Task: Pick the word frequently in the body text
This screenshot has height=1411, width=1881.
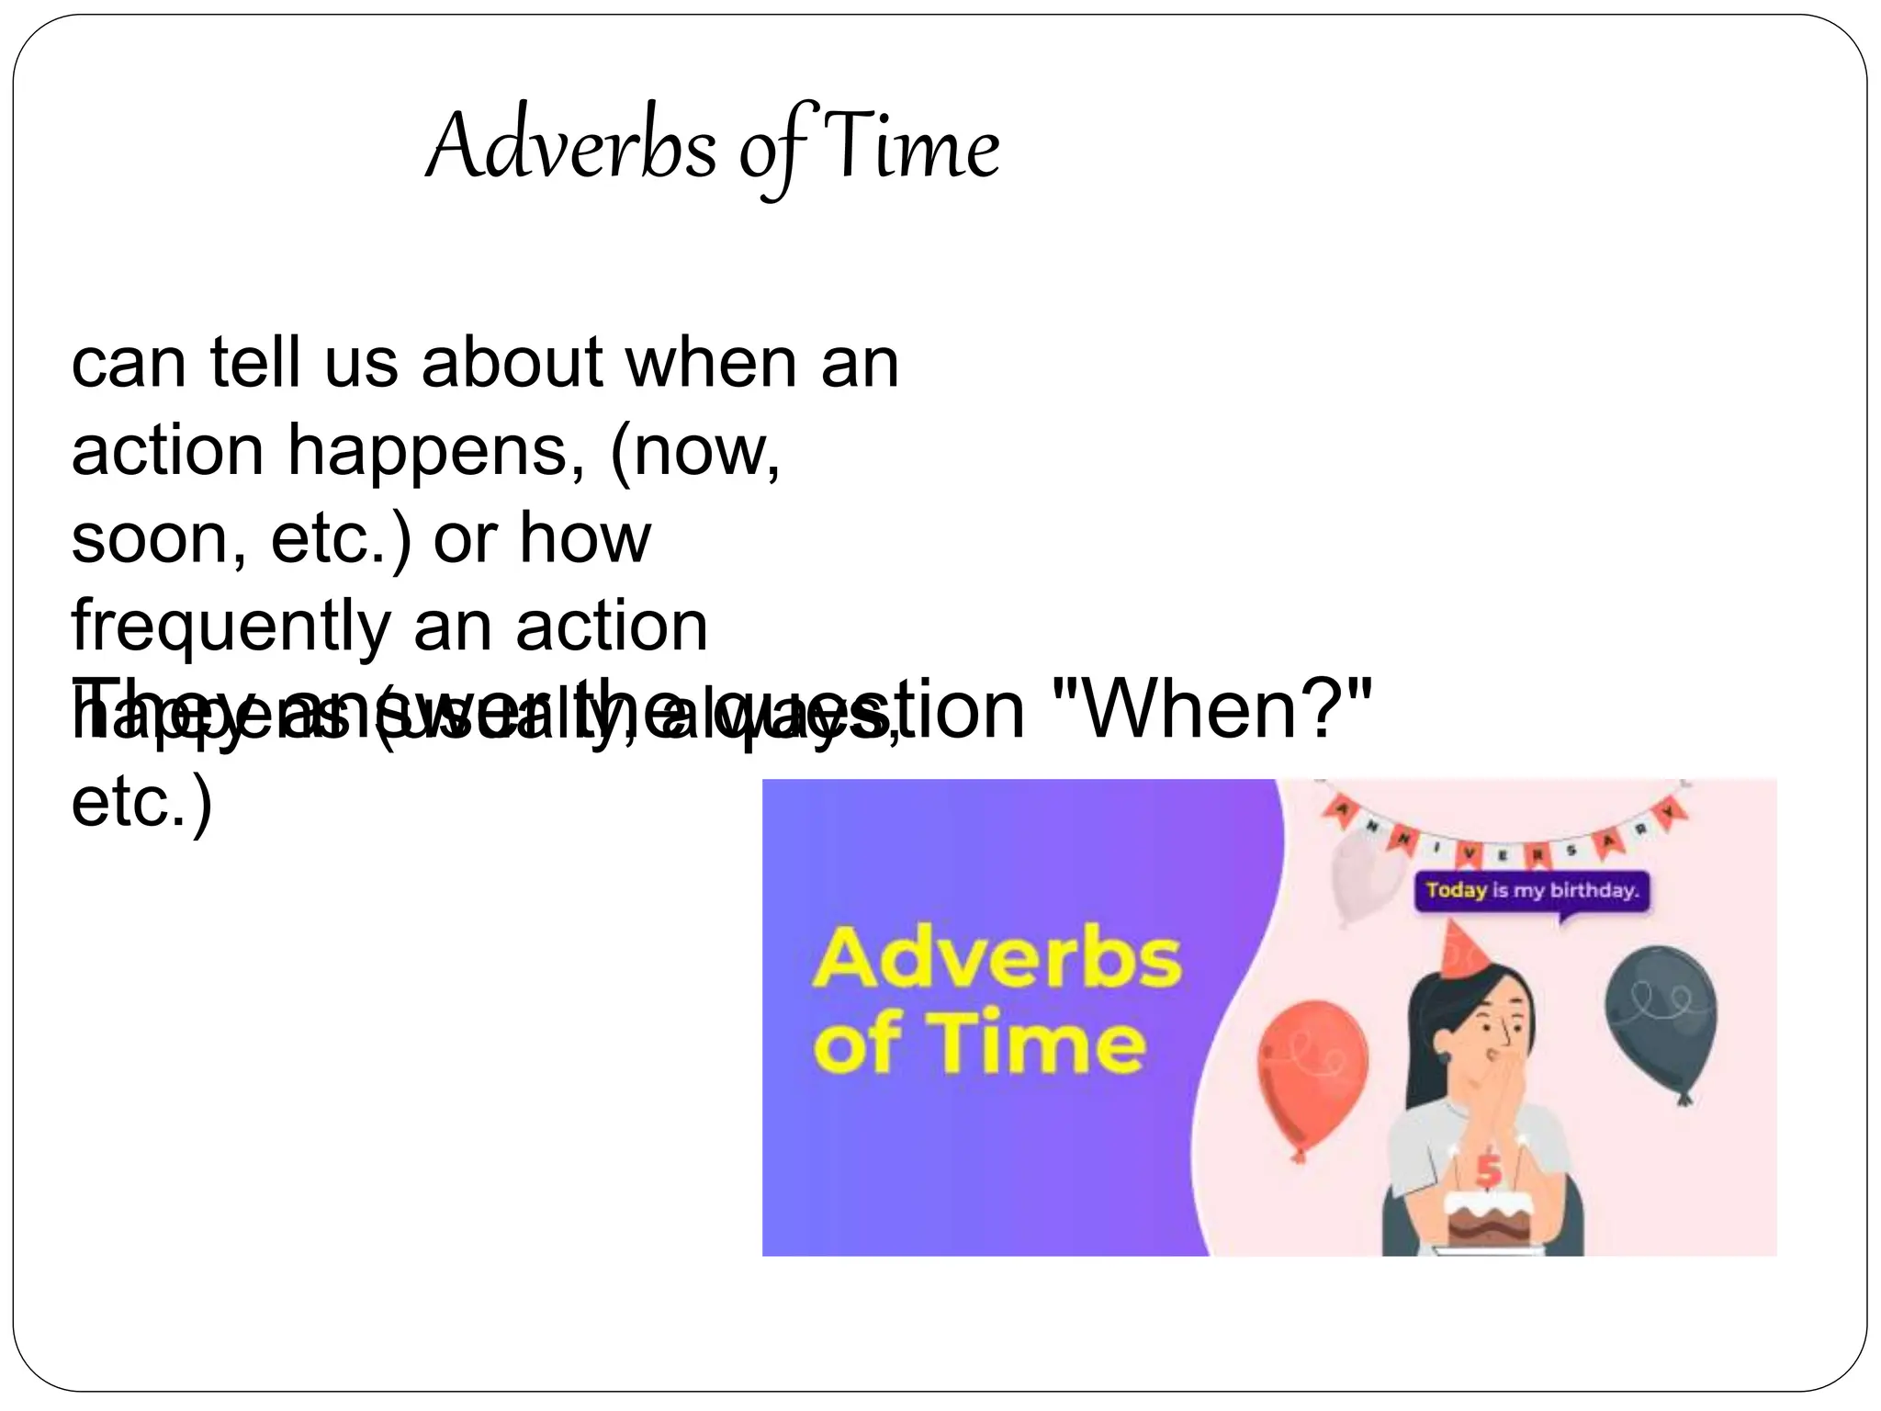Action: click(x=231, y=627)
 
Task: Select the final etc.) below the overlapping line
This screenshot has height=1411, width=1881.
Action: click(x=142, y=802)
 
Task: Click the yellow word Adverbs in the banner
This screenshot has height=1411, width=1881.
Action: click(x=997, y=958)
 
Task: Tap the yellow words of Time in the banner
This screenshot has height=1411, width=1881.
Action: click(x=979, y=1044)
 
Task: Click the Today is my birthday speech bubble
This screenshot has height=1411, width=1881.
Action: click(x=1531, y=890)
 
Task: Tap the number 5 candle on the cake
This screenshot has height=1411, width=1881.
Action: click(x=1488, y=1168)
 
